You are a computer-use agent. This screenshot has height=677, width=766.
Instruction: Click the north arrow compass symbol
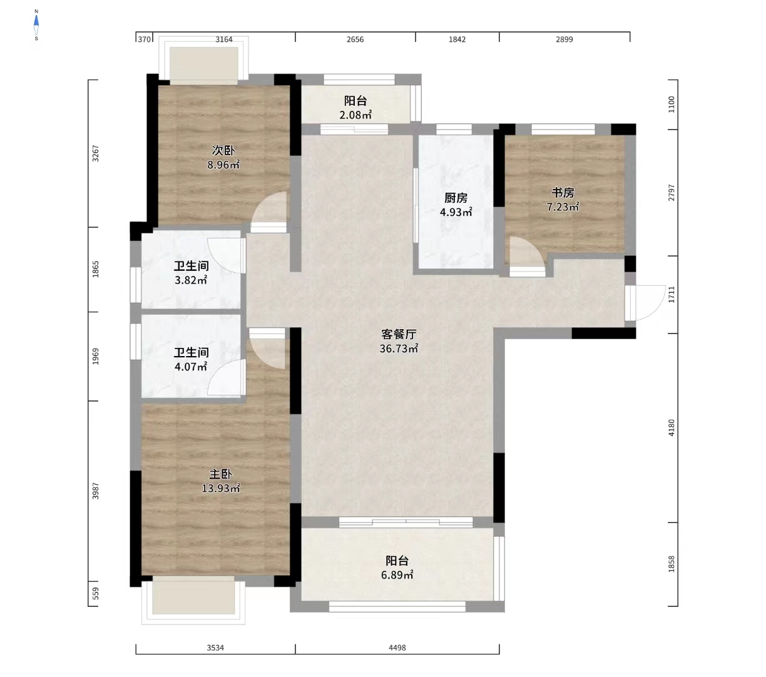coord(36,25)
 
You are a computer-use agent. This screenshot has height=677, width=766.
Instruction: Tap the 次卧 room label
coord(223,150)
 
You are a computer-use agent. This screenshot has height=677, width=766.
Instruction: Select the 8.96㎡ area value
coord(223,165)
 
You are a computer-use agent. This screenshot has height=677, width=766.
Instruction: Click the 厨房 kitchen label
coord(456,198)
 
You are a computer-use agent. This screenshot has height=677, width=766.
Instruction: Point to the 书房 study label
coord(563,193)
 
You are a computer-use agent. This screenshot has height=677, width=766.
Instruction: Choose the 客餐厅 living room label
coord(399,334)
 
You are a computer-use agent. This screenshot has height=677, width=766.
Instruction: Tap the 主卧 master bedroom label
coord(220,474)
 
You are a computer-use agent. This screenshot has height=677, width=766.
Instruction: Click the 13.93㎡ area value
coord(220,489)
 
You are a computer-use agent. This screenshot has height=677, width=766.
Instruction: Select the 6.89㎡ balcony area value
coord(397,575)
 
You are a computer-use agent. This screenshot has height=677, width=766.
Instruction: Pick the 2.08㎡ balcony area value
coord(355,115)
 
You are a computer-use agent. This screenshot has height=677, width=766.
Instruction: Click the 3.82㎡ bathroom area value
coord(191,280)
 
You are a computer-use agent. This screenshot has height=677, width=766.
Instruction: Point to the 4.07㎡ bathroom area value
coord(191,367)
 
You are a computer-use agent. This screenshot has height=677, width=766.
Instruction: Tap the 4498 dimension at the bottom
coord(397,648)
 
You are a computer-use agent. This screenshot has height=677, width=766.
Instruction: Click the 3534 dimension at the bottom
coord(215,648)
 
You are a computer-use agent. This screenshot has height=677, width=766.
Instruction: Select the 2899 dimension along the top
coord(564,39)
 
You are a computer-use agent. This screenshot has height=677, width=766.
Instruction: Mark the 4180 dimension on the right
coord(672,428)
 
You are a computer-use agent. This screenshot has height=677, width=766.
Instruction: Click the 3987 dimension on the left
coord(96,491)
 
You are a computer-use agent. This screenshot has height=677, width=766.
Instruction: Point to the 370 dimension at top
coord(144,39)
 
